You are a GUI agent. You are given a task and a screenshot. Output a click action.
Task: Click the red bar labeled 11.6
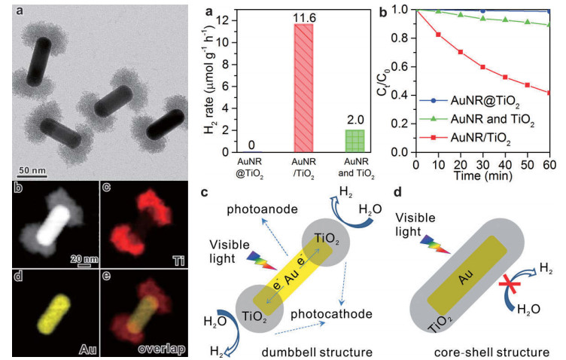pyautogui.click(x=303, y=88)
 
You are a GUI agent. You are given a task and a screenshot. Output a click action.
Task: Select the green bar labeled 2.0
pyautogui.click(x=355, y=141)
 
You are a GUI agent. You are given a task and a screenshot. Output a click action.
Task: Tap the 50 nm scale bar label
pyautogui.click(x=32, y=169)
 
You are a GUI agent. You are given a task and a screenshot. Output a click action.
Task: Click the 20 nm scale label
pyautogui.click(x=84, y=259)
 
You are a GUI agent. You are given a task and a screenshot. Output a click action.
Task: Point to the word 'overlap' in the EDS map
pyautogui.click(x=161, y=349)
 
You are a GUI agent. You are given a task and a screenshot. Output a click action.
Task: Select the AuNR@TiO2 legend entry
pyautogui.click(x=469, y=102)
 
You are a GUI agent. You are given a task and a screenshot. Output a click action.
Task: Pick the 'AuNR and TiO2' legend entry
pyautogui.click(x=476, y=120)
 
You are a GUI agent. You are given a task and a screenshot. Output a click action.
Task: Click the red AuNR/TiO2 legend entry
pyautogui.click(x=466, y=138)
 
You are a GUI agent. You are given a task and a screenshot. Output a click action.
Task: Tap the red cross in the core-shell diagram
pyautogui.click(x=510, y=284)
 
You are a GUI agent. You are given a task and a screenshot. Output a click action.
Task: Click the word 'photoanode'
pyautogui.click(x=262, y=210)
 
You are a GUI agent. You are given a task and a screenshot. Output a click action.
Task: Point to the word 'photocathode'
pyautogui.click(x=331, y=314)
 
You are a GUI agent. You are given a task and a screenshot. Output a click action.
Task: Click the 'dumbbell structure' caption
pyautogui.click(x=317, y=352)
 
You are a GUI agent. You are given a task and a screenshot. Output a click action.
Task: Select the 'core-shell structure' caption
pyautogui.click(x=491, y=352)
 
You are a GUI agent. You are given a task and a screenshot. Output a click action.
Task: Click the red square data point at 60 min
pyautogui.click(x=549, y=93)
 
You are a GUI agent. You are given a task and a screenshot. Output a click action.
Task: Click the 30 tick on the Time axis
pyautogui.click(x=482, y=164)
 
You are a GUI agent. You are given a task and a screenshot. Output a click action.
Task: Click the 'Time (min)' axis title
pyautogui.click(x=483, y=175)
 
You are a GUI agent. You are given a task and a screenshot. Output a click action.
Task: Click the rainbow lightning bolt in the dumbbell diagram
pyautogui.click(x=262, y=261)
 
